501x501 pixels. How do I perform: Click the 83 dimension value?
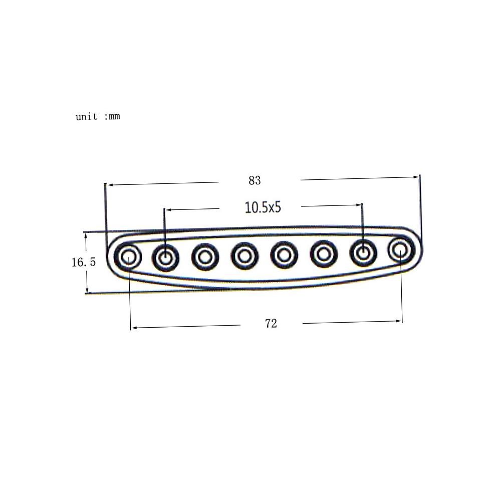pos(255,180)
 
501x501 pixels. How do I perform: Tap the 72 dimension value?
pos(271,324)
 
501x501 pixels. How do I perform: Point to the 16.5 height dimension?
pos(83,262)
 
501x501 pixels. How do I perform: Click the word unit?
pos(86,117)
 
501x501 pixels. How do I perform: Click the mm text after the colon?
pos(114,117)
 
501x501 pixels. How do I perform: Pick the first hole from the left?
pos(128,258)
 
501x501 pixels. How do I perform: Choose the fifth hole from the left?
pos(284,255)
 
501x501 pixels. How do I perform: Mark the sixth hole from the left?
pos(324,254)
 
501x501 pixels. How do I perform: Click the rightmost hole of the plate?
pos(400,249)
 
